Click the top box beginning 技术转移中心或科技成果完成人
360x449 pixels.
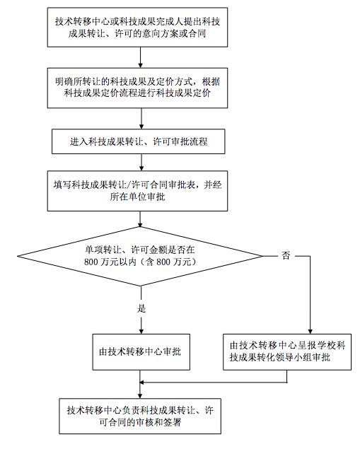coord(137,27)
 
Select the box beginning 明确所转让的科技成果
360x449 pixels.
coord(137,88)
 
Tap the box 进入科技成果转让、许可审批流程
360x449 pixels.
coord(139,141)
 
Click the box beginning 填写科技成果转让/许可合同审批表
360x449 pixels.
coord(137,191)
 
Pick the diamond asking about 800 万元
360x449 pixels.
coord(140,256)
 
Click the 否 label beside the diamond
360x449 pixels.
coord(286,255)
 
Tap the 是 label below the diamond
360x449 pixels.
coord(141,308)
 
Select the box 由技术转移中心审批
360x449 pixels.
coord(141,352)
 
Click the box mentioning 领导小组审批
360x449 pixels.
coord(287,352)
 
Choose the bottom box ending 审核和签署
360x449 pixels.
coord(140,416)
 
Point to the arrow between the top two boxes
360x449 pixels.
coord(140,57)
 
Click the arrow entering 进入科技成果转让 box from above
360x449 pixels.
coord(141,119)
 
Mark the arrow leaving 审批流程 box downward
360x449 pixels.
coord(141,163)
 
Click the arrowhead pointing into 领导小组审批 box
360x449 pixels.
coord(310,332)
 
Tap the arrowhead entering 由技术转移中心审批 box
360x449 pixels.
coord(141,332)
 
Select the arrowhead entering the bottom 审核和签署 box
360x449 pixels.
coord(140,396)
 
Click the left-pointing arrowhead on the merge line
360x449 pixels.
coord(141,383)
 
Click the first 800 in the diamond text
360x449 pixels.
coord(91,262)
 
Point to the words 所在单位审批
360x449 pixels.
coord(137,197)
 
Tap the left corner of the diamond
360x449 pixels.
coord(18,256)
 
